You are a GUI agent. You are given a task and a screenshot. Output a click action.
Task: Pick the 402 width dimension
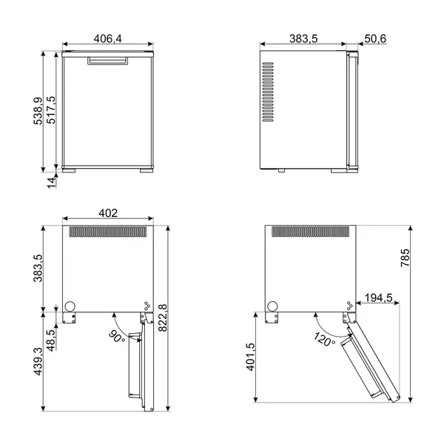point(108,213)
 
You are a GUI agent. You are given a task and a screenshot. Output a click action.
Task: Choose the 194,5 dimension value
point(379,298)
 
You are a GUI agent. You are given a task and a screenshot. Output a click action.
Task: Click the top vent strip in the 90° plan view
point(109,232)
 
